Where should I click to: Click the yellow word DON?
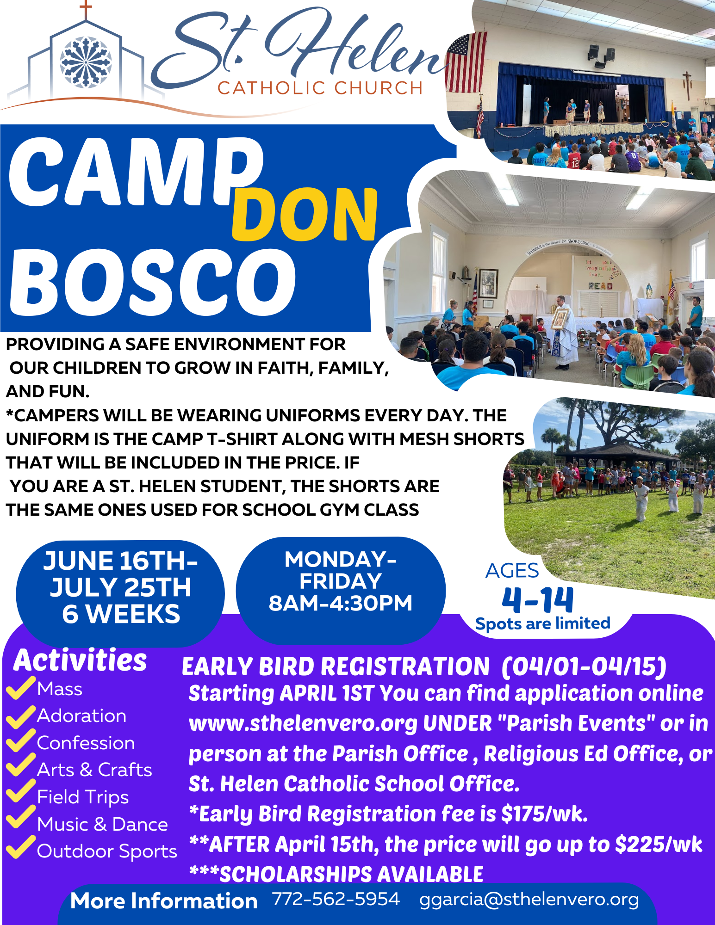point(305,214)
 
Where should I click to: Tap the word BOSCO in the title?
point(153,282)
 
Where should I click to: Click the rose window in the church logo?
point(86,62)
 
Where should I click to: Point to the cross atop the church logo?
point(86,10)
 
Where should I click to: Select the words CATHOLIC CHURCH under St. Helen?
point(320,88)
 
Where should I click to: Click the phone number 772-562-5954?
point(336,899)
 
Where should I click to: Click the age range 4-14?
point(538,600)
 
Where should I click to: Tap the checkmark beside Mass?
point(21,688)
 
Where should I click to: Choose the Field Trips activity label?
point(83,797)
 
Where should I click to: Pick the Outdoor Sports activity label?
point(107,851)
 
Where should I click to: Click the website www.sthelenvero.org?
point(303,724)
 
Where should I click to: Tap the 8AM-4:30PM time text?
point(341,603)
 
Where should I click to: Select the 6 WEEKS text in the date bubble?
point(121,614)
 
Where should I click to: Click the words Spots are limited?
point(543,623)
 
